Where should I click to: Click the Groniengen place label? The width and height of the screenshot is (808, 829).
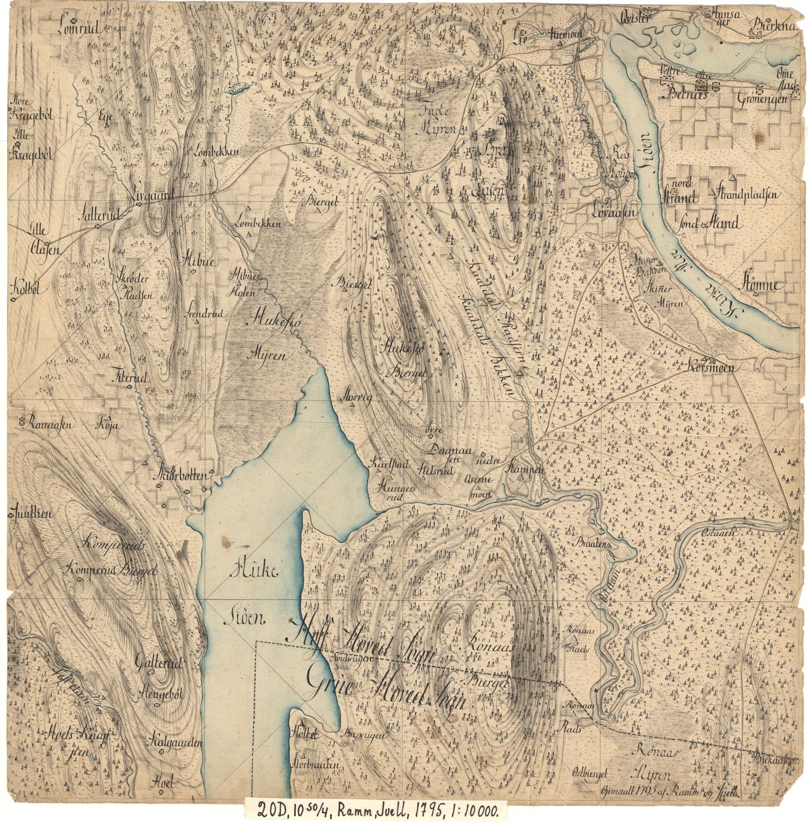tap(762, 98)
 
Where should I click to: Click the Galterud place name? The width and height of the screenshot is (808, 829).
tap(159, 664)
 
